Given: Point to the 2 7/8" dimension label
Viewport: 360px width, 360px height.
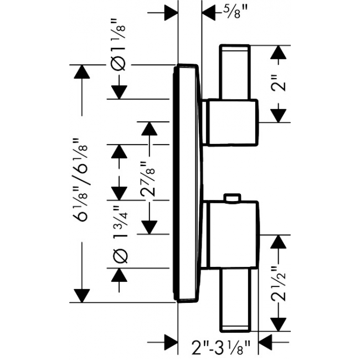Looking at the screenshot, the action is click(147, 179).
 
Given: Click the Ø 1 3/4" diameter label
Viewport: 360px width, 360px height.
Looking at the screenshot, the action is click(120, 234).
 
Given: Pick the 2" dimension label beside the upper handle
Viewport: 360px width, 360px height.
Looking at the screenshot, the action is click(279, 83).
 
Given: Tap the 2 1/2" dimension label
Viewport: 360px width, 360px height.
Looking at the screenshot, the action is click(279, 284).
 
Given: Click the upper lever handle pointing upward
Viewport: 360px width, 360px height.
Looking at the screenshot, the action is click(235, 72).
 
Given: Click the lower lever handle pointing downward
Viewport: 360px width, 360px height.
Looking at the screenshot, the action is click(235, 300).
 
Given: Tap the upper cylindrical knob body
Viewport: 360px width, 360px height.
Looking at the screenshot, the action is click(233, 122).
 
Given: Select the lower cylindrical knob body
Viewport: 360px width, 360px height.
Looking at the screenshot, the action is click(233, 235).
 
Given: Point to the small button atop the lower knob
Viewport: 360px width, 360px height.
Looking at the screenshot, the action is click(233, 198).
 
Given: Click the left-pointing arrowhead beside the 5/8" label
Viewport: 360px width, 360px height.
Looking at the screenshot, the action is click(208, 13).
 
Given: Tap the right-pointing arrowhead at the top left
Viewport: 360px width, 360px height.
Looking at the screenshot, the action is click(171, 13).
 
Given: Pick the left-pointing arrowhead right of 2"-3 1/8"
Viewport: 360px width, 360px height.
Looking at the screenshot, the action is click(266, 342).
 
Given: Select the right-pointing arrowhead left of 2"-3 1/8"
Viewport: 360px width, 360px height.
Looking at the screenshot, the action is click(171, 342).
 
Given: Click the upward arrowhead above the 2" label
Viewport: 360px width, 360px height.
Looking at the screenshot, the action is click(279, 52).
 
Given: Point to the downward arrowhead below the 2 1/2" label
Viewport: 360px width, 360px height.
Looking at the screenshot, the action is click(279, 325).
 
